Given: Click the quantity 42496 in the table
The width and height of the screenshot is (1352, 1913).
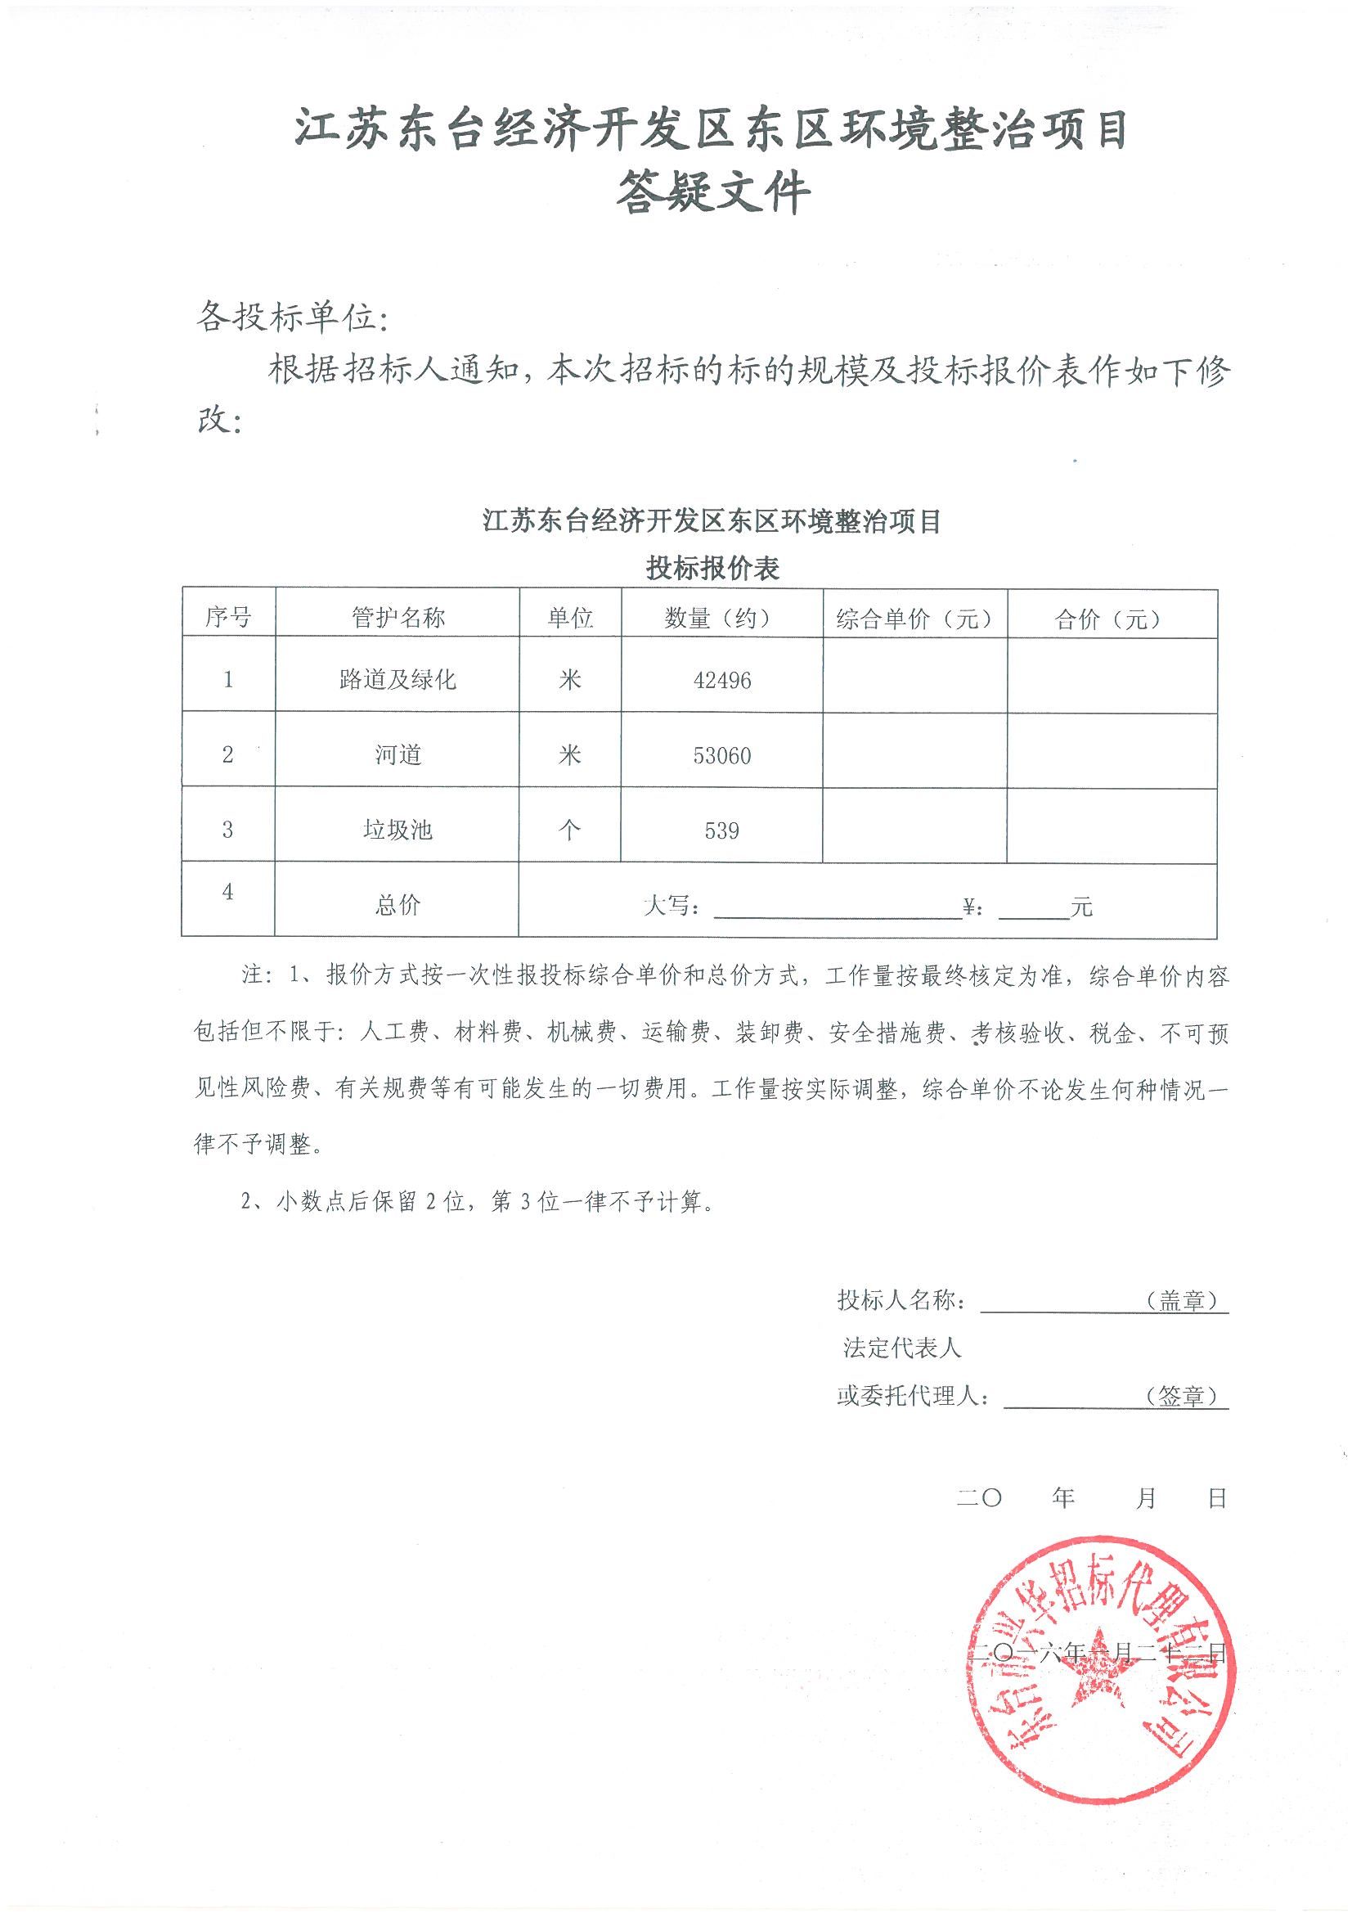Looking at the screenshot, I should [x=721, y=681].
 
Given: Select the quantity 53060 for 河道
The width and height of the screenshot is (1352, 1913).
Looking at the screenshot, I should [x=721, y=756].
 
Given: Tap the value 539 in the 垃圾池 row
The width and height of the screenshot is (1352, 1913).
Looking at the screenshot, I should [x=721, y=830].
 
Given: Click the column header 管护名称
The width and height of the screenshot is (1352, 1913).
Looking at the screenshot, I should [x=398, y=618].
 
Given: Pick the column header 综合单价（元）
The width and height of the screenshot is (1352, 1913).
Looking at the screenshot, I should [x=914, y=619].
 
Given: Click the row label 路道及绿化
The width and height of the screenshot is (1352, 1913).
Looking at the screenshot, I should [x=398, y=680].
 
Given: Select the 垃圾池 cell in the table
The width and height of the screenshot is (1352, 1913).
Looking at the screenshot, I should [x=398, y=830].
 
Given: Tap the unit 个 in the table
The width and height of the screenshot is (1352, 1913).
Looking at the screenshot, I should [x=570, y=830].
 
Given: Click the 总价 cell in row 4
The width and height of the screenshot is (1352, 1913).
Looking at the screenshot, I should [x=398, y=905].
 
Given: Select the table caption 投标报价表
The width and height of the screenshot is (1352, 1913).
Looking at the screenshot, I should [x=712, y=569].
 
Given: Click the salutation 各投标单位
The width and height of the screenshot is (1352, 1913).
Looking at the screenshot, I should [x=291, y=317].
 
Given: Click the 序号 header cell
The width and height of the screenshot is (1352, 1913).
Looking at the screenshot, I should [x=228, y=618].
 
